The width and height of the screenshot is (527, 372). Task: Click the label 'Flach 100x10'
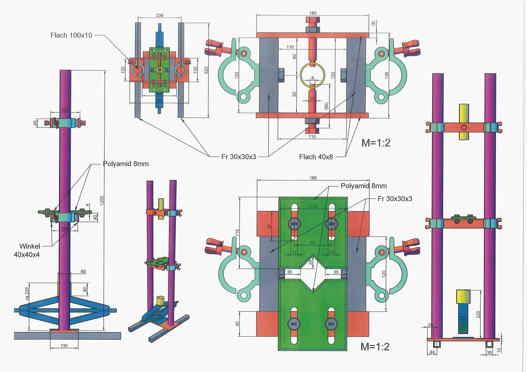pyautogui.click(x=71, y=35)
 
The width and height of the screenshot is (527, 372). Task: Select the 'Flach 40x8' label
pyautogui.click(x=316, y=157)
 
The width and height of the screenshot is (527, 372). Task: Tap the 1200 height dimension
pyautogui.click(x=102, y=201)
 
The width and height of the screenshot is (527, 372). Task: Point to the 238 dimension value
pyautogui.click(x=160, y=15)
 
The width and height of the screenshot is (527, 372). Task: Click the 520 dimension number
pyautogui.click(x=206, y=70)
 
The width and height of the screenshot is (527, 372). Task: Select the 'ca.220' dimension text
pyautogui.click(x=27, y=294)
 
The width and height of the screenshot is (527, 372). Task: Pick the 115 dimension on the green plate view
pyautogui.click(x=237, y=233)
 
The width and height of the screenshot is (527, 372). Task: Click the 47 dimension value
pyautogui.click(x=270, y=226)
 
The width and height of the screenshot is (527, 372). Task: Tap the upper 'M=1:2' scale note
pyautogui.click(x=376, y=143)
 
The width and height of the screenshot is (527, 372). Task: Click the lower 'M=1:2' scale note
pyautogui.click(x=375, y=347)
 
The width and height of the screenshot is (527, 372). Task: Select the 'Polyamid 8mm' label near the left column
pyautogui.click(x=126, y=164)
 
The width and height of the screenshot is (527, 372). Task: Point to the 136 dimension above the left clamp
pyautogui.click(x=65, y=110)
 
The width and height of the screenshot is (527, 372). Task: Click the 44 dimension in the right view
pyautogui.click(x=432, y=352)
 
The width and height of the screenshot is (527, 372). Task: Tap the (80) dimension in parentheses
pyautogui.click(x=326, y=106)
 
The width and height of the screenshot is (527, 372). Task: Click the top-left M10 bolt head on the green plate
pyautogui.click(x=294, y=224)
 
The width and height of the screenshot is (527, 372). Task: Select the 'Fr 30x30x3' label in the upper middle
pyautogui.click(x=239, y=157)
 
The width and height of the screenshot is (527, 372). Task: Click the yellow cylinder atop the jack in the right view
pyautogui.click(x=463, y=296)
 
